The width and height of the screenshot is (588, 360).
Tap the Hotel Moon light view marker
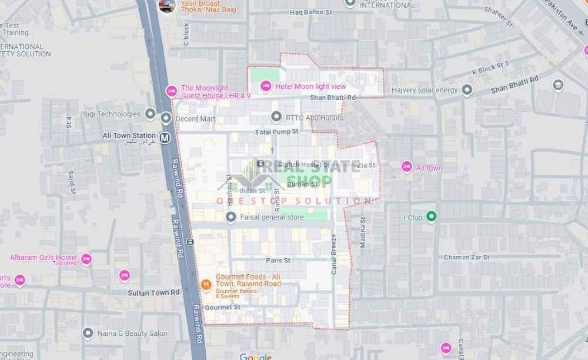click(x=266, y=86)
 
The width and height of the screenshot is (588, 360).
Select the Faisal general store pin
click(x=231, y=218)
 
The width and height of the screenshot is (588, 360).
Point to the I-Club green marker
click(x=431, y=217)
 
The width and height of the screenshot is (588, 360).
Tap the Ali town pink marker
click(x=407, y=167)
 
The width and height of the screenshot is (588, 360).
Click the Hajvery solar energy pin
click(x=467, y=90)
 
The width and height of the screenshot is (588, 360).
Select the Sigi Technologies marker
click(x=150, y=114)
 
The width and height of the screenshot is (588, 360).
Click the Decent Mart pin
click(x=166, y=118)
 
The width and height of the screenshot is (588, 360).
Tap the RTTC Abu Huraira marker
click(x=276, y=117)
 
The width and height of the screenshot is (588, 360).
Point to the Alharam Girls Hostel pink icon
click(x=86, y=259)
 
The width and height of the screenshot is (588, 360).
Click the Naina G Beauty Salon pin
click(x=88, y=334)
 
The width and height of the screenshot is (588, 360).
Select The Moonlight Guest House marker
click(x=172, y=91)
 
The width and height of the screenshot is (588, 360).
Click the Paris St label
click(x=278, y=260)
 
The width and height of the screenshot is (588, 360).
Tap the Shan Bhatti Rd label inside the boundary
click(x=333, y=98)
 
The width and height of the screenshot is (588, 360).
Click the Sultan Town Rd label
click(x=153, y=292)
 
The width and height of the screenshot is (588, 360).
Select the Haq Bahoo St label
click(x=311, y=12)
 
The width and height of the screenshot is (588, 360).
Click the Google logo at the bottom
click(x=256, y=356)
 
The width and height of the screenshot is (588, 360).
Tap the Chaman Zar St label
click(x=466, y=257)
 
